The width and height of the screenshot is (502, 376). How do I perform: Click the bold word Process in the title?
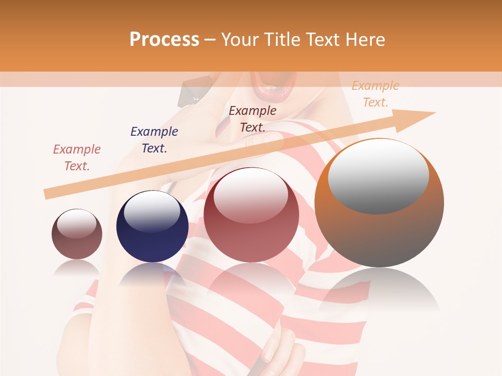click(164, 40)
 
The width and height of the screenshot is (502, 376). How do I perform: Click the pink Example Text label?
click(77, 158)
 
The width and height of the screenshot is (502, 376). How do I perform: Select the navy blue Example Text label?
click(154, 140)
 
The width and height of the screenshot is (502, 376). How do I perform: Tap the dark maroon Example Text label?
click(253, 119)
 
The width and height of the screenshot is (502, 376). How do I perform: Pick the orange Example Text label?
click(375, 94)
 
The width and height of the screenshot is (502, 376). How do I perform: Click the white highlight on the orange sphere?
click(378, 177)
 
